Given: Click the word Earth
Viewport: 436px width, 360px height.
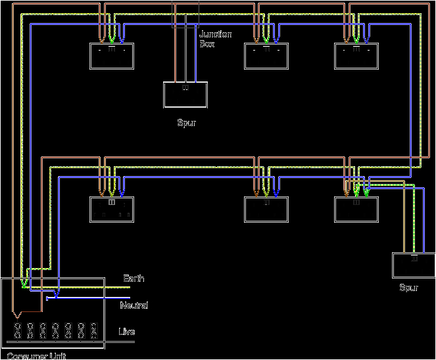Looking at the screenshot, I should pyautogui.click(x=133, y=279).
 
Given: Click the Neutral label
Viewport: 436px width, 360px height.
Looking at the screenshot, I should pyautogui.click(x=133, y=305).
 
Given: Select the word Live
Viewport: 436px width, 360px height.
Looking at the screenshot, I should pyautogui.click(x=126, y=332).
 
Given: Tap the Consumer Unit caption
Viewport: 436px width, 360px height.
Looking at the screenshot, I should pyautogui.click(x=37, y=355).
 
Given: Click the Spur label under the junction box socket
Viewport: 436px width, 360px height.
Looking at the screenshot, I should pyautogui.click(x=186, y=123).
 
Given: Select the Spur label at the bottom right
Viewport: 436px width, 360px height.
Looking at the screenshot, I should pyautogui.click(x=408, y=288).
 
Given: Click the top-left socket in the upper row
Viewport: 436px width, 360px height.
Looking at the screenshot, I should pyautogui.click(x=111, y=56).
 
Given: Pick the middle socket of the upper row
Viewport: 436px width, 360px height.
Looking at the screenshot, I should pyautogui.click(x=266, y=56).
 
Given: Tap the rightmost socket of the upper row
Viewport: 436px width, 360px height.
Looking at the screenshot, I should pyautogui.click(x=356, y=56).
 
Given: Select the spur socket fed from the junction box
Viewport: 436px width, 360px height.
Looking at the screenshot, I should pyautogui.click(x=185, y=95).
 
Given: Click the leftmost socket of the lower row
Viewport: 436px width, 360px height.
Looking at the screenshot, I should pyautogui.click(x=111, y=210).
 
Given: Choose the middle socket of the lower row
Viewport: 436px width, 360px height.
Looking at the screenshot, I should pyautogui.click(x=266, y=210).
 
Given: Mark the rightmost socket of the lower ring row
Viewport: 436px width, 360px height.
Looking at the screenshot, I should pyautogui.click(x=356, y=210).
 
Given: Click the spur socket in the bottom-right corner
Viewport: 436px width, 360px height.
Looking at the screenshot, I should pyautogui.click(x=414, y=265).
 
